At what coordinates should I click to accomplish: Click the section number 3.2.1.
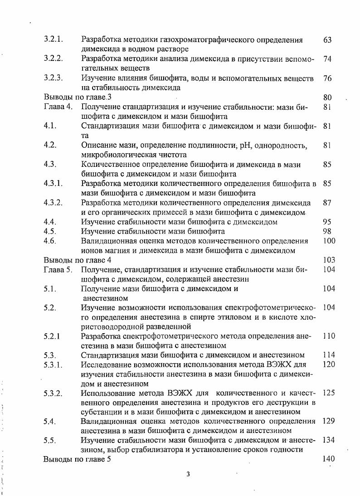tap(53, 40)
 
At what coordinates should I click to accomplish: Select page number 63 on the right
tap(327, 40)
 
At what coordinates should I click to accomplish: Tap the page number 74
tap(327, 59)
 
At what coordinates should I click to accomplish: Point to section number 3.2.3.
tap(53, 78)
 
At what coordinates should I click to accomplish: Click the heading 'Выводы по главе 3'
tap(78, 97)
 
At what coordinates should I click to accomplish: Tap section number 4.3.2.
tap(53, 203)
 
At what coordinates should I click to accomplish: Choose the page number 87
tap(327, 203)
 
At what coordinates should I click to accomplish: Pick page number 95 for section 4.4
tap(327, 222)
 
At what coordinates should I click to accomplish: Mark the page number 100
tap(329, 241)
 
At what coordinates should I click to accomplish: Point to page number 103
tap(329, 260)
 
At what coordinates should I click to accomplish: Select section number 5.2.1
tap(52, 336)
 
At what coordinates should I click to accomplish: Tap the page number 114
tap(329, 355)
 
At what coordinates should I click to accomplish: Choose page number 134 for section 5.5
tap(329, 440)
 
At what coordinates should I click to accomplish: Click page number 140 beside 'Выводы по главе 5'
tap(329, 459)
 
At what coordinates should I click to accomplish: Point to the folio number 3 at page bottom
tap(188, 475)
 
